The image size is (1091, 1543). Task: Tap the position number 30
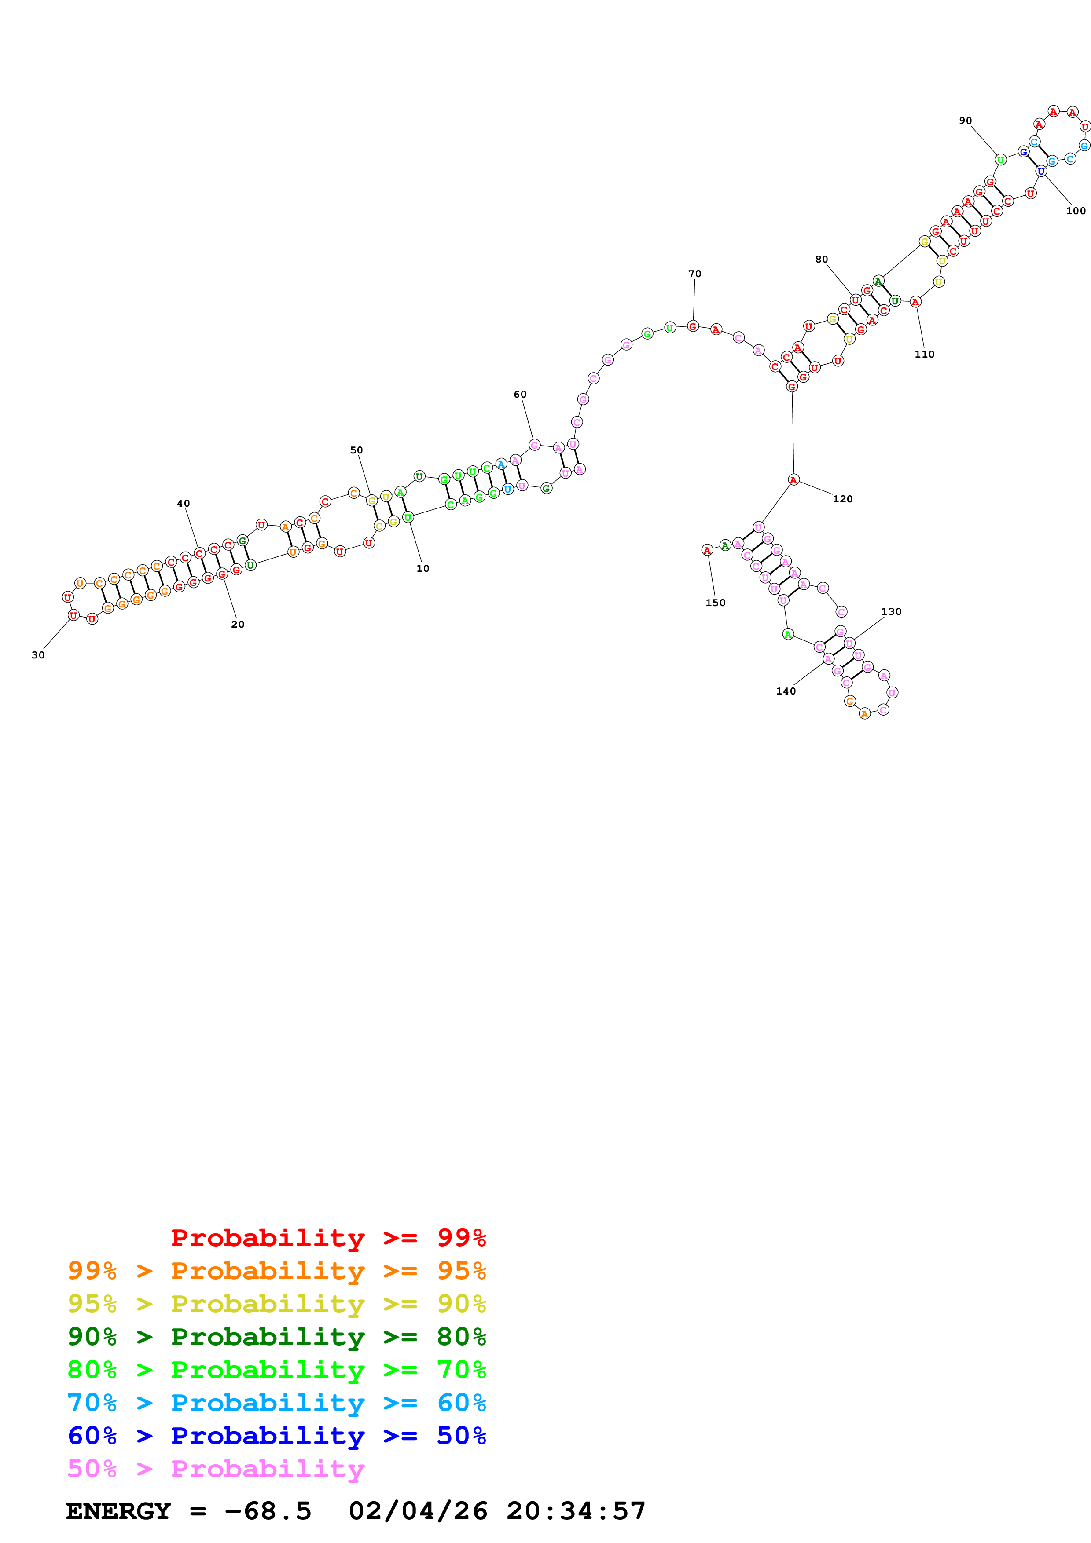pyautogui.click(x=38, y=655)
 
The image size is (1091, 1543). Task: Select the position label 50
pyautogui.click(x=356, y=450)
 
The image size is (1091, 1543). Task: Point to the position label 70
pyautogui.click(x=694, y=274)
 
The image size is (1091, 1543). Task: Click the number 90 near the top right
pyautogui.click(x=965, y=121)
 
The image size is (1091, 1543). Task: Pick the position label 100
pyautogui.click(x=1076, y=211)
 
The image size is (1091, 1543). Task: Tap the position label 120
pyautogui.click(x=842, y=499)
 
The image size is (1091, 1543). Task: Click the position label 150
pyautogui.click(x=715, y=603)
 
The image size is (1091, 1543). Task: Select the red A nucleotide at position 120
pyautogui.click(x=793, y=480)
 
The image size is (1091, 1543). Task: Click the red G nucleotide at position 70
pyautogui.click(x=692, y=327)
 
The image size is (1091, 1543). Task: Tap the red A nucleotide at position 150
pyautogui.click(x=706, y=550)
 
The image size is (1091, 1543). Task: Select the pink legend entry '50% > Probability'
pyautogui.click(x=216, y=1470)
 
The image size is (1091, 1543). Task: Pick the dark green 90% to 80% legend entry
pyautogui.click(x=276, y=1337)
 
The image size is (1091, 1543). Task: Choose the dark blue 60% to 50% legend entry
pyautogui.click(x=276, y=1436)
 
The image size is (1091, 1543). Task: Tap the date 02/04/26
pyautogui.click(x=418, y=1511)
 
